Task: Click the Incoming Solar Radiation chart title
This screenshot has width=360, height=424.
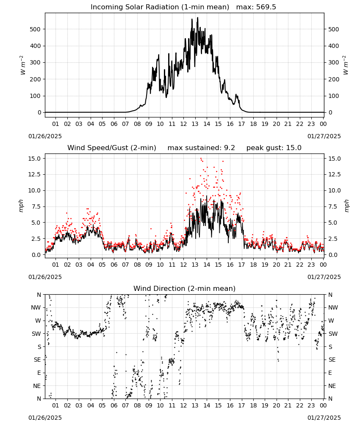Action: tap(160, 7)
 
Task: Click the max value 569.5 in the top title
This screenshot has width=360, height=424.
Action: tap(266, 7)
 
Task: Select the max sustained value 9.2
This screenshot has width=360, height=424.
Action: tap(230, 148)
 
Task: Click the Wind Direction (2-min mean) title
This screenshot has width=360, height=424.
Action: tap(185, 288)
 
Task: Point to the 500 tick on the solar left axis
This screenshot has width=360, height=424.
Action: tap(36, 29)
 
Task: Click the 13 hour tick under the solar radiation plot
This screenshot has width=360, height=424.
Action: tap(195, 124)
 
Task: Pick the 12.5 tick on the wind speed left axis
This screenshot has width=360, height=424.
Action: tap(35, 174)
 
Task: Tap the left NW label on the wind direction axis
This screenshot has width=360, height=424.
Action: tap(36, 307)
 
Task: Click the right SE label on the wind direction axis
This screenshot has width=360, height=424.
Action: tap(332, 360)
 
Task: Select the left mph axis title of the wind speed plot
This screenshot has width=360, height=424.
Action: tap(21, 206)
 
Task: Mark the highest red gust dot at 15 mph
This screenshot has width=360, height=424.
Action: tap(201, 159)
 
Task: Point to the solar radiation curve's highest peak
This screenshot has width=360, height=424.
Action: tap(197, 17)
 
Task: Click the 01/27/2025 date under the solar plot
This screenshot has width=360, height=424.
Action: tap(324, 136)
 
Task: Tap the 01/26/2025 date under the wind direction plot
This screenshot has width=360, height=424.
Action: tap(45, 418)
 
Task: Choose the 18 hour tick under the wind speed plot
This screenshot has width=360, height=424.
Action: tap(253, 265)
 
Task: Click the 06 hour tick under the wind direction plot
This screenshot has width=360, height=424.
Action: tap(114, 405)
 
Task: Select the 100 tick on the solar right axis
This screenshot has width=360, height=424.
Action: tap(334, 96)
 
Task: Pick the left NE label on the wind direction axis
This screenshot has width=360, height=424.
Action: tap(37, 386)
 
